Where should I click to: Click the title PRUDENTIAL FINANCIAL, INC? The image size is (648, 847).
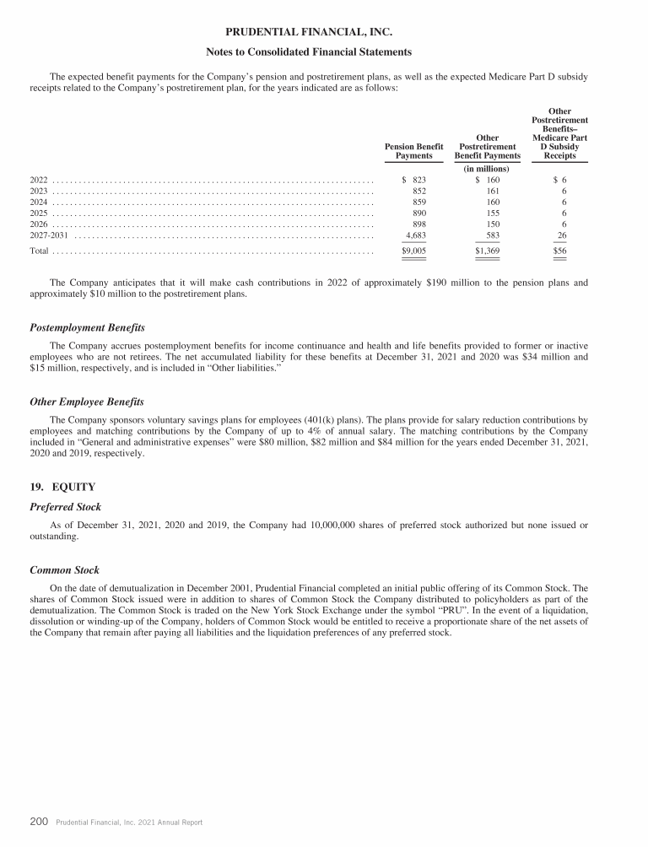tap(323, 33)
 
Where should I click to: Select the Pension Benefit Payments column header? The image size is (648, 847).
tap(413, 150)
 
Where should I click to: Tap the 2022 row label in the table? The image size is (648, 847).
tap(39, 181)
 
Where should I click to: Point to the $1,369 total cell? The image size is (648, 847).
tap(488, 251)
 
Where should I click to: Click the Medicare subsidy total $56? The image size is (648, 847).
tap(559, 251)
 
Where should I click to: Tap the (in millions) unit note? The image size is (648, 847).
tap(487, 169)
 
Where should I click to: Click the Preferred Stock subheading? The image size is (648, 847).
tap(65, 507)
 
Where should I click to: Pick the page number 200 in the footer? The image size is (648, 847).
tap(39, 822)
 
